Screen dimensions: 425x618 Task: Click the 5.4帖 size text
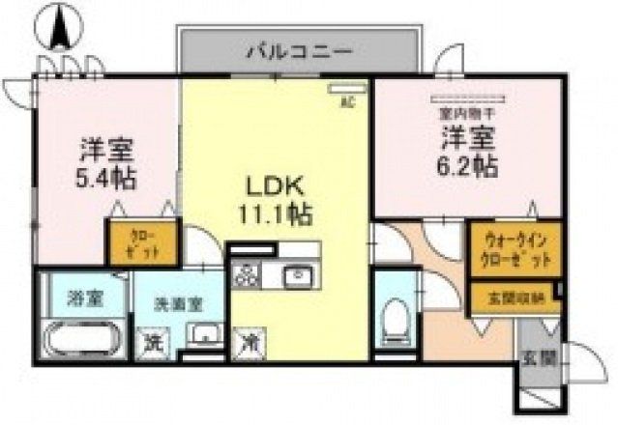pos(107,179)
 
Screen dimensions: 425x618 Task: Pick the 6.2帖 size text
pos(470,165)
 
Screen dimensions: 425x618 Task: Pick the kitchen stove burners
pos(247,277)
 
